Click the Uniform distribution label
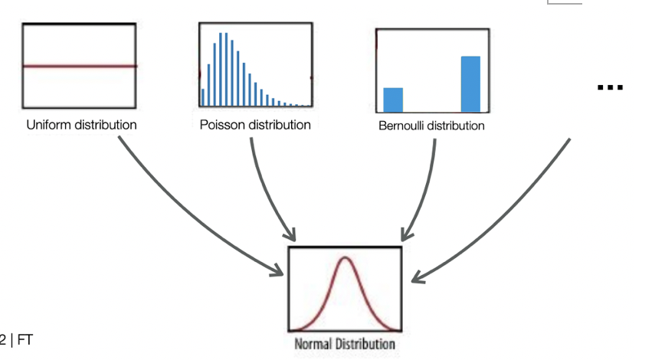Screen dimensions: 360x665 click(81, 124)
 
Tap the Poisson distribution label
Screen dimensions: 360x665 click(255, 124)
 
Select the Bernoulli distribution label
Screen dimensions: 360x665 click(431, 126)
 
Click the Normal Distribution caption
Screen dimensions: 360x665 click(345, 344)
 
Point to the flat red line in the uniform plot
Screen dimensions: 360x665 click(80, 66)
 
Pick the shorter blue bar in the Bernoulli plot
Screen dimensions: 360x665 click(393, 100)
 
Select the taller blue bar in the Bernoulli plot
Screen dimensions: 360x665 click(470, 83)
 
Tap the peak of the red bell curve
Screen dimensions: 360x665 click(345, 259)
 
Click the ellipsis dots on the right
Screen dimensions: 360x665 click(610, 87)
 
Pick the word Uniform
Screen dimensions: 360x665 click(48, 124)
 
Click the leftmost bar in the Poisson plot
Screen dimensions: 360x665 click(202, 97)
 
